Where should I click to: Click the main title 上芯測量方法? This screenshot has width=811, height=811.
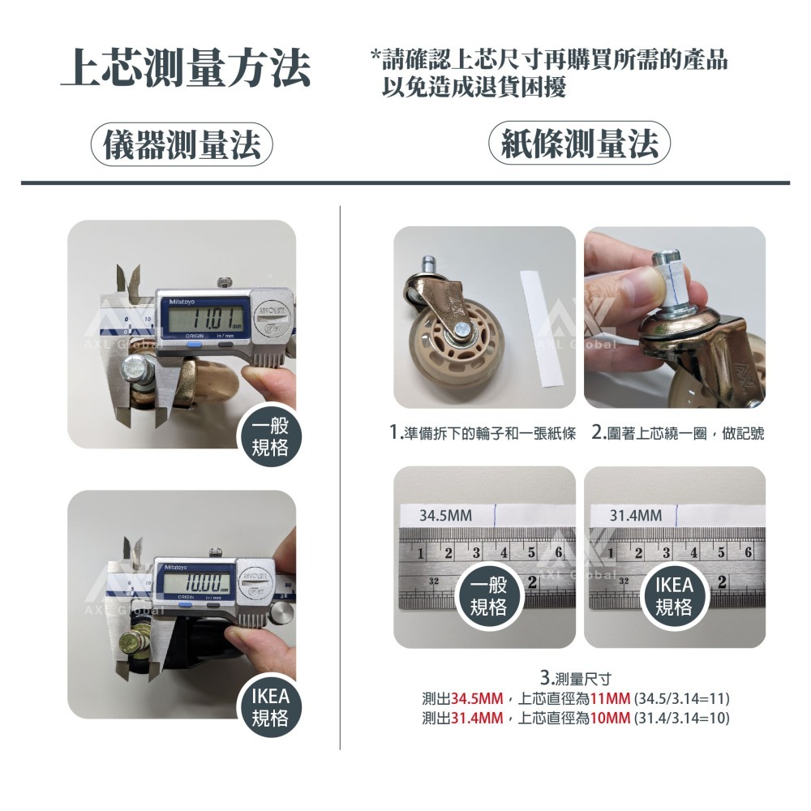[x=187, y=69]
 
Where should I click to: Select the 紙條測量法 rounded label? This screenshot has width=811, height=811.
[x=580, y=146]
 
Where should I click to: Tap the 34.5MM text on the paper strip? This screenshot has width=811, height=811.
[x=445, y=516]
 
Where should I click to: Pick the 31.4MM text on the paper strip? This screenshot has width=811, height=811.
[x=636, y=516]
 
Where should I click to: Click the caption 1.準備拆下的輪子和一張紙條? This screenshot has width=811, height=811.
[x=483, y=434]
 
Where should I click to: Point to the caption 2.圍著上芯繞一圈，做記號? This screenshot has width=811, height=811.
[x=678, y=434]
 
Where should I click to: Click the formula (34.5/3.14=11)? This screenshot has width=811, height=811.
[x=684, y=698]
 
